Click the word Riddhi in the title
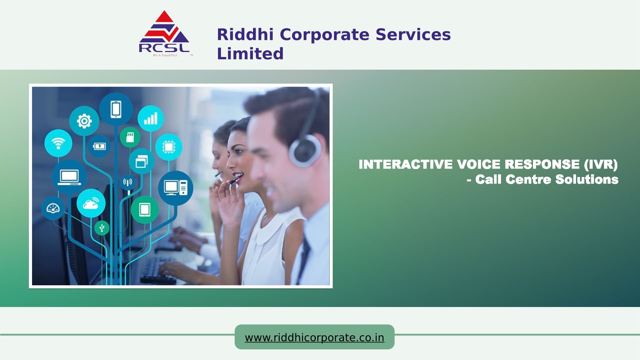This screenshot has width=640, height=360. [245, 34]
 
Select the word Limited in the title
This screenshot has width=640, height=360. [250, 53]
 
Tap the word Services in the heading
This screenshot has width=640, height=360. [413, 34]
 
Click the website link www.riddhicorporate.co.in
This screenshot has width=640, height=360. [314, 338]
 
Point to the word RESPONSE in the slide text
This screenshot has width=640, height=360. [542, 164]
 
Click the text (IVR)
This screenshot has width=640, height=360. [601, 164]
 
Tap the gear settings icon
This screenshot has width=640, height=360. [84, 121]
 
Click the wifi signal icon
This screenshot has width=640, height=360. [58, 143]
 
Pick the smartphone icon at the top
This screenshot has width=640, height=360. [116, 109]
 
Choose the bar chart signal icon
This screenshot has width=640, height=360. [151, 118]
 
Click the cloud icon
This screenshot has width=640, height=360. [91, 203]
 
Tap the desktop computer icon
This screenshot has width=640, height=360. [176, 188]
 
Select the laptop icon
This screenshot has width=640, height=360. [69, 177]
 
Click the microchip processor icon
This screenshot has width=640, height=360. [169, 147]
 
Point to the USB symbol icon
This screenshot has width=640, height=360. [102, 228]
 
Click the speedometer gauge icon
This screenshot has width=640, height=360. [53, 208]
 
